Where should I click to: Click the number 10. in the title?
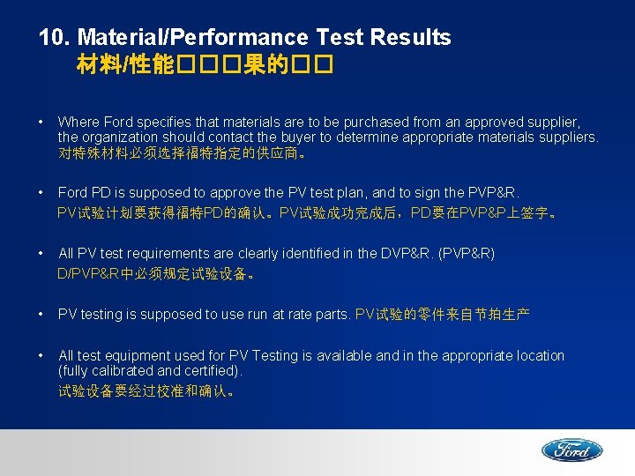pyautogui.click(x=55, y=37)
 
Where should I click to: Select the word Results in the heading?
pyautogui.click(x=411, y=37)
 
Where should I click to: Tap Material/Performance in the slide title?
pyautogui.click(x=193, y=37)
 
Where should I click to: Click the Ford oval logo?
pyautogui.click(x=571, y=450)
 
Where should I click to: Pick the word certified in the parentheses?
pyautogui.click(x=212, y=370)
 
